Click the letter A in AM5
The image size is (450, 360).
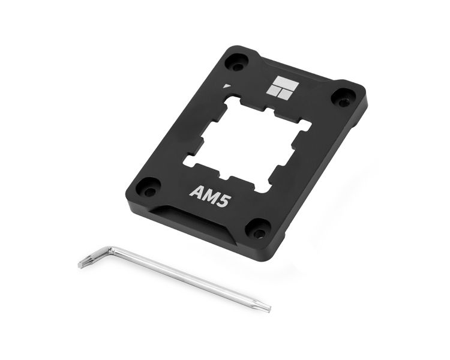195,191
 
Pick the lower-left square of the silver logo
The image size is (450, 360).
273,90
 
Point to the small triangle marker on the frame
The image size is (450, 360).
227,86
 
